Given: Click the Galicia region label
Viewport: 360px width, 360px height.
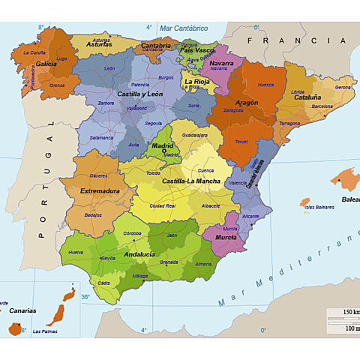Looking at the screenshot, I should (46, 64).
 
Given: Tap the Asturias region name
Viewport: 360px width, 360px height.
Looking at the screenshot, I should (99, 44).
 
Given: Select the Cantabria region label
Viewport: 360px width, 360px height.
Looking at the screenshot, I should (156, 45).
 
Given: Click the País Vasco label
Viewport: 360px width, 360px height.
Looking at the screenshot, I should (197, 49).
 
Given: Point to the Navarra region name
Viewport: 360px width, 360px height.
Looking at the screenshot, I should (220, 63).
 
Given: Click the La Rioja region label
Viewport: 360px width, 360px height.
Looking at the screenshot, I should (197, 81).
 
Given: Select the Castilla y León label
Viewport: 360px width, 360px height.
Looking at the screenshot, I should (139, 94).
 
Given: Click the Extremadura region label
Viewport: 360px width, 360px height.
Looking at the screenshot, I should (100, 191).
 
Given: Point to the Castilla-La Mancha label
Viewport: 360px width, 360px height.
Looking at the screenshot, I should (191, 181).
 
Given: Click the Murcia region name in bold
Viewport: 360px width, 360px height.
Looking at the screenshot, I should (226, 237).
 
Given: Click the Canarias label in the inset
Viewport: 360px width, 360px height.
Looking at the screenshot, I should (22, 310).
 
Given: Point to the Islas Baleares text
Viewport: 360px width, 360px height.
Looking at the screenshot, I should (319, 207).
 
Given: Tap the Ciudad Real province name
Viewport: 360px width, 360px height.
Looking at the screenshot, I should (162, 205).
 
